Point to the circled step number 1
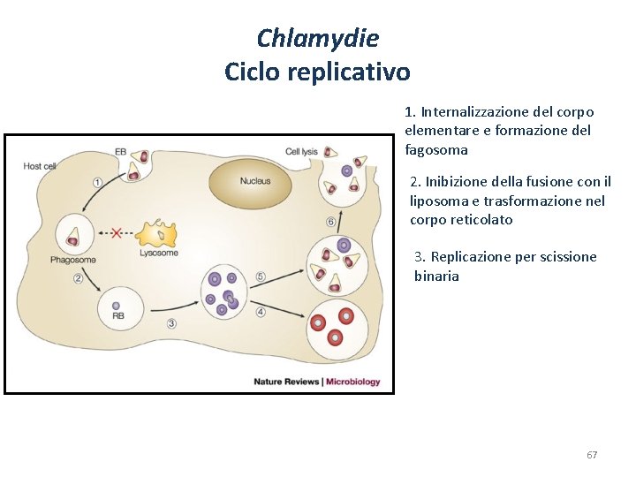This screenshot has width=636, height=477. (x=96, y=181)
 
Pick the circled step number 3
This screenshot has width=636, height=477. (x=171, y=323)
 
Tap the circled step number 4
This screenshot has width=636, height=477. (x=261, y=312)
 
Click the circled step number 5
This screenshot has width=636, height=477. (x=261, y=276)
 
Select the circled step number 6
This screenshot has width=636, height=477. (x=330, y=222)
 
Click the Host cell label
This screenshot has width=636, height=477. (x=40, y=166)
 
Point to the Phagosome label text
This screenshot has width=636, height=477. (x=73, y=261)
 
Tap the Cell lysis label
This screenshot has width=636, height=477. (x=301, y=151)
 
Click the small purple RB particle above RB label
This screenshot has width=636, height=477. (x=116, y=306)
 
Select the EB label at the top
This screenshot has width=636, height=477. (x=120, y=151)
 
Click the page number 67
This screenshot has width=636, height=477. (x=592, y=455)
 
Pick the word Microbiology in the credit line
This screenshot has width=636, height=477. (x=353, y=382)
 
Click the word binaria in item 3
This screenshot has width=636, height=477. (x=436, y=276)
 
